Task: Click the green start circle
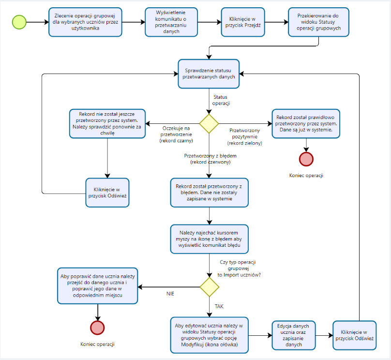(x=19, y=22)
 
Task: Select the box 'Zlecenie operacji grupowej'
(x=85, y=22)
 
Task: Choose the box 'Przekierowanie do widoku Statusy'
(x=318, y=22)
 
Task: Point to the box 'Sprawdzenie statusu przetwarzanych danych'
(x=209, y=74)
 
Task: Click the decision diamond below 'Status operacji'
(x=209, y=123)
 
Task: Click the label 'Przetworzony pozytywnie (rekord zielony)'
(x=245, y=136)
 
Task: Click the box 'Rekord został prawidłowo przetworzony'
(x=306, y=123)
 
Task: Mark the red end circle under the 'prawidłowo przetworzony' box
(x=306, y=159)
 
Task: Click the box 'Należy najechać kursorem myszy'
(x=209, y=239)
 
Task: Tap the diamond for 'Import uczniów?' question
(x=209, y=287)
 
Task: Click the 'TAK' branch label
(x=219, y=306)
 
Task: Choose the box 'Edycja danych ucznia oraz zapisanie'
(x=294, y=335)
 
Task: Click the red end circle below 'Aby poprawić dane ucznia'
(x=98, y=328)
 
